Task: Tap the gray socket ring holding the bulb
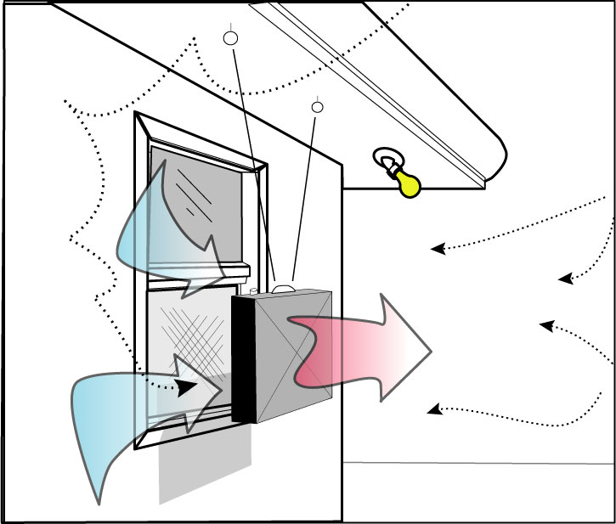(x=385, y=160)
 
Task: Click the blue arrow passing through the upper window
(x=170, y=229)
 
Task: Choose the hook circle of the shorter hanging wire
(x=319, y=106)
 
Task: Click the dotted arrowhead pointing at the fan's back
(x=182, y=386)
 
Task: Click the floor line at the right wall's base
(x=476, y=463)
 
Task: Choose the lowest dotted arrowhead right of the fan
(x=432, y=410)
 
